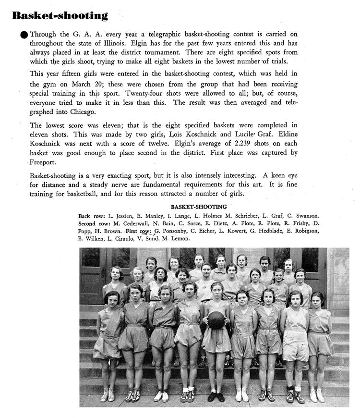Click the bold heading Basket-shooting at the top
(x=60, y=15)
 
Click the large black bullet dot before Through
(x=24, y=35)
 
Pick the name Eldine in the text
(x=286, y=135)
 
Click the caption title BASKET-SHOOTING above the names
(x=199, y=207)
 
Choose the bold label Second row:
(x=95, y=224)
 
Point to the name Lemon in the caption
(x=180, y=238)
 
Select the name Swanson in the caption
(x=307, y=216)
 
